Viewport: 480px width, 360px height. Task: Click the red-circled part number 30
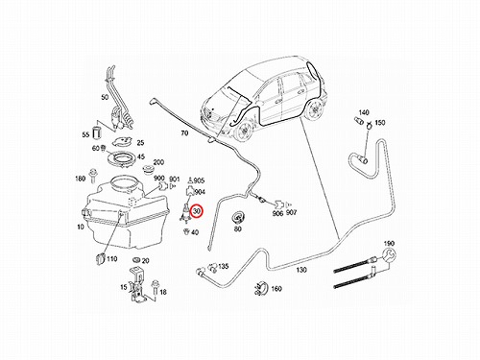pyautogui.click(x=197, y=211)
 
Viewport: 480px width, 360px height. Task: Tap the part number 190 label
pyautogui.click(x=389, y=243)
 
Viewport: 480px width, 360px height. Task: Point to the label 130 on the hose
pyautogui.click(x=301, y=270)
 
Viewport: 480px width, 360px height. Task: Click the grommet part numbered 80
pyautogui.click(x=237, y=218)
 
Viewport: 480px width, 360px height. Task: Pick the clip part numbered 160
pyautogui.click(x=261, y=288)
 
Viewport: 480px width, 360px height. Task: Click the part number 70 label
pyautogui.click(x=184, y=133)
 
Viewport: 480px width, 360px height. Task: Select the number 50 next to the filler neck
pyautogui.click(x=105, y=97)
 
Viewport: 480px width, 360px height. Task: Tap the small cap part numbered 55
pyautogui.click(x=97, y=133)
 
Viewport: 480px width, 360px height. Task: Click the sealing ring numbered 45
pyautogui.click(x=123, y=158)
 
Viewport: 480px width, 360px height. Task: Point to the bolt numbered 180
pyautogui.click(x=94, y=175)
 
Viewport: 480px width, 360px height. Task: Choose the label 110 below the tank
pyautogui.click(x=111, y=259)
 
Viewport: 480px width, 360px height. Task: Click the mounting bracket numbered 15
pyautogui.click(x=138, y=285)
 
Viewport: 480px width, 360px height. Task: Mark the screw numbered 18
pyautogui.click(x=156, y=288)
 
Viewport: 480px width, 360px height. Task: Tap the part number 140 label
pyautogui.click(x=364, y=112)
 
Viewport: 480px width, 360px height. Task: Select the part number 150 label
pyautogui.click(x=380, y=123)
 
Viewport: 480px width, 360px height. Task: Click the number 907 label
pyautogui.click(x=291, y=212)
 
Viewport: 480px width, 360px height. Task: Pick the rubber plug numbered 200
pyautogui.click(x=148, y=170)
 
